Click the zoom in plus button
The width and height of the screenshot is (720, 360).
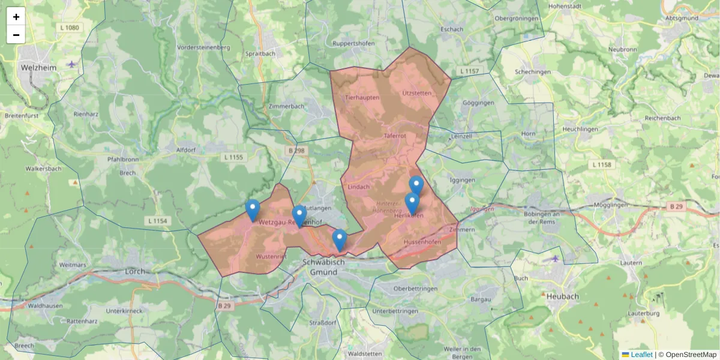click(x=16, y=17)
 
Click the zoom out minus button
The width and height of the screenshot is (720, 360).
click(x=16, y=35)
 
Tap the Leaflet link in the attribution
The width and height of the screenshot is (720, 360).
click(x=641, y=355)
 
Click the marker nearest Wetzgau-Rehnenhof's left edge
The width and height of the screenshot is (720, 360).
click(x=253, y=210)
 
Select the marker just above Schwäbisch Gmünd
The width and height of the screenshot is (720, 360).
click(x=340, y=240)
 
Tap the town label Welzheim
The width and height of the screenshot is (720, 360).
click(x=38, y=68)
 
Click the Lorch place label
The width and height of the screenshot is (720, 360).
click(x=135, y=271)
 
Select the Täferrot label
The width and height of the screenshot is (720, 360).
click(x=394, y=136)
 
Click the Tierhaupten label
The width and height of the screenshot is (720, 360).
click(x=362, y=97)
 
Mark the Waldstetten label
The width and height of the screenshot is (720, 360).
click(x=365, y=354)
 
